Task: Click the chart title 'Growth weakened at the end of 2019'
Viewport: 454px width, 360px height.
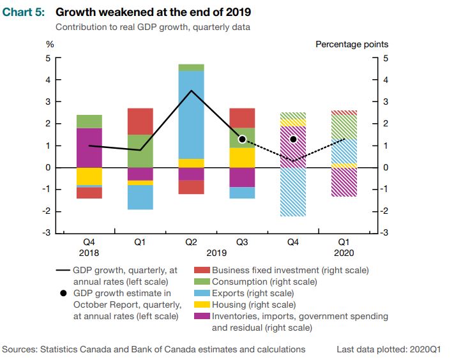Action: [x=153, y=12]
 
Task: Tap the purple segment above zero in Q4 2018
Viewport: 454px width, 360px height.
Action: [x=89, y=147]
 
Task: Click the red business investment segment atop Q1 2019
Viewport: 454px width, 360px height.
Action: [x=140, y=121]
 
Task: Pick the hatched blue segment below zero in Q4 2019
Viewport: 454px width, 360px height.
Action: [x=292, y=192]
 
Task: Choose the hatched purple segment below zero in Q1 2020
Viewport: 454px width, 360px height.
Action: [x=344, y=182]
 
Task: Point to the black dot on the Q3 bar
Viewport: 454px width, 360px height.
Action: [x=242, y=139]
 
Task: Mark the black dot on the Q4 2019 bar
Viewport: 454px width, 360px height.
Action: [x=293, y=139]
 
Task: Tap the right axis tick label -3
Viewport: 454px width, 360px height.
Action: [x=384, y=234]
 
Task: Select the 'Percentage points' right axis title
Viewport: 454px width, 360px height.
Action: [x=351, y=45]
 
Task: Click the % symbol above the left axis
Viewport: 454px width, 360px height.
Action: [x=49, y=45]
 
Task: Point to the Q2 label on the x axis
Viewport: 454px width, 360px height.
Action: [x=191, y=242]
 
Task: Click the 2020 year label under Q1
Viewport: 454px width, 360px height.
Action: [x=344, y=253]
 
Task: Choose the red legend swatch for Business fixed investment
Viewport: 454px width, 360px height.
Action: [x=201, y=271]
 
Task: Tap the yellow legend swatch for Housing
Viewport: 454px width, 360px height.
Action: [x=201, y=305]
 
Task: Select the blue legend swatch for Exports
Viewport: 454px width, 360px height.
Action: [x=201, y=294]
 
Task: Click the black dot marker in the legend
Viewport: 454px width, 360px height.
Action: [x=63, y=294]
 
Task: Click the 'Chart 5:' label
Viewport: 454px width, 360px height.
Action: [x=24, y=12]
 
